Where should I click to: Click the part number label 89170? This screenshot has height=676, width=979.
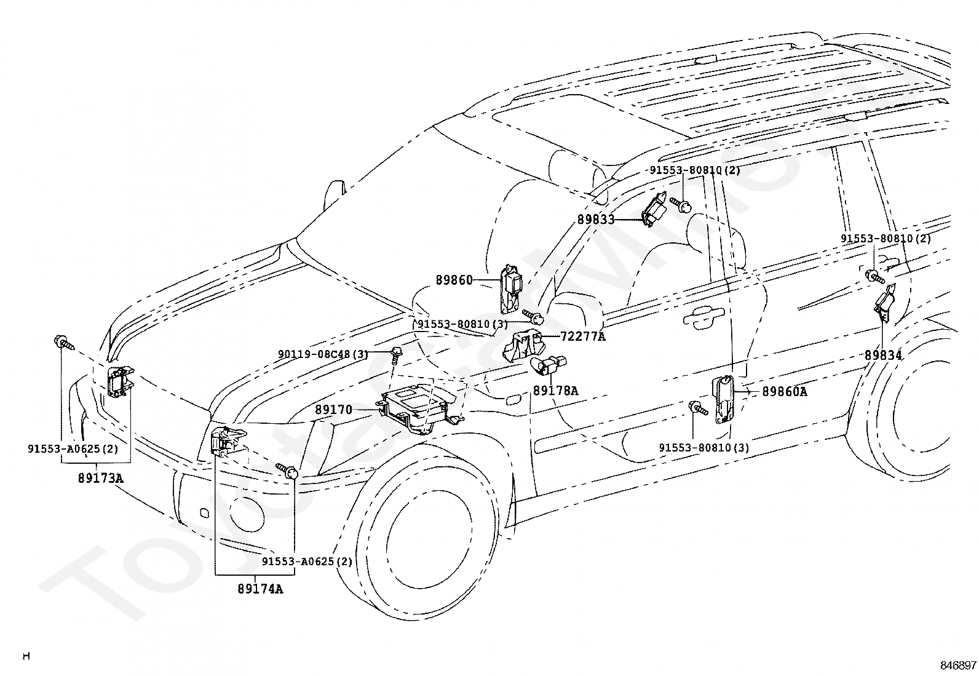(x=333, y=410)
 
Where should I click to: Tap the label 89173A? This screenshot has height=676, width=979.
(x=100, y=479)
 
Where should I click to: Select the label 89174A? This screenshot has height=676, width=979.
(x=260, y=589)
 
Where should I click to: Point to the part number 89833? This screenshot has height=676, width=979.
(x=596, y=220)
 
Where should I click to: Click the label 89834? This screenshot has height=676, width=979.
(x=883, y=356)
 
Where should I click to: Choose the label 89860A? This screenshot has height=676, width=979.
(x=785, y=392)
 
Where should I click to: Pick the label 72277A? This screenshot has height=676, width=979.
(x=583, y=336)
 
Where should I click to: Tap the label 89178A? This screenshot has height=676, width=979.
(x=555, y=391)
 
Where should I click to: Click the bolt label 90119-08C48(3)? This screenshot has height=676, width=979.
(x=323, y=354)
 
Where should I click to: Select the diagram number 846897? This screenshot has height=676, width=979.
(x=958, y=665)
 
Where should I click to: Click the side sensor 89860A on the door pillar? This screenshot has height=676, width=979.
(x=724, y=400)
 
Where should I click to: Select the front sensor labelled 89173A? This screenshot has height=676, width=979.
(x=120, y=382)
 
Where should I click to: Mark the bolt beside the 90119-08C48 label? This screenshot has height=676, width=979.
(x=395, y=354)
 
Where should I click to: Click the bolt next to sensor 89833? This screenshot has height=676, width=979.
(x=681, y=205)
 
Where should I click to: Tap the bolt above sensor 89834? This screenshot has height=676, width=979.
(x=875, y=276)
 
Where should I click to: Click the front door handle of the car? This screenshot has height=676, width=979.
(x=704, y=315)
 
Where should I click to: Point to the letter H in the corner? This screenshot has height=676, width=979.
(x=26, y=656)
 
